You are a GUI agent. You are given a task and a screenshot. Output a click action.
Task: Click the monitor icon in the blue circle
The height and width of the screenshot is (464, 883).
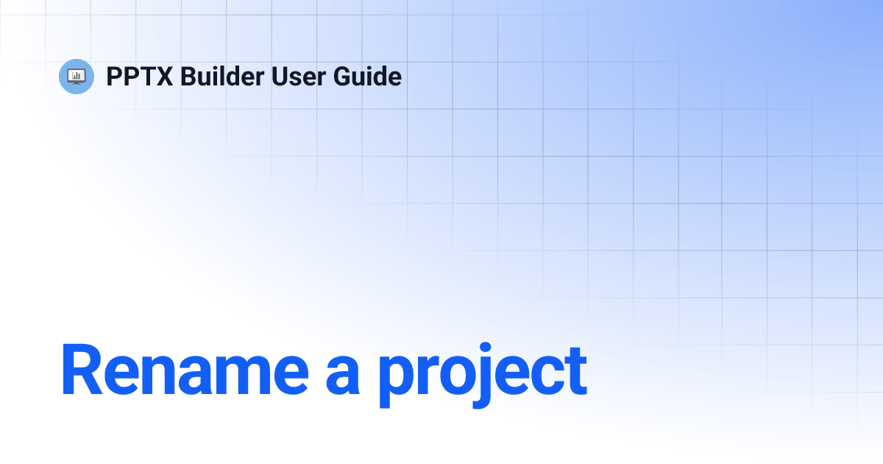pos(77,76)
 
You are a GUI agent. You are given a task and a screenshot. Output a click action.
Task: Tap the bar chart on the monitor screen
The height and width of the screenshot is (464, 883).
pos(77,74)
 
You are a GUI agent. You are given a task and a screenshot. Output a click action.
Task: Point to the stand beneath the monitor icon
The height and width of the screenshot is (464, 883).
pos(77,82)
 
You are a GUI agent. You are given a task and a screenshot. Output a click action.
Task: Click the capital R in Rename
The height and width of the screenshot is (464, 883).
pos(80,370)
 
